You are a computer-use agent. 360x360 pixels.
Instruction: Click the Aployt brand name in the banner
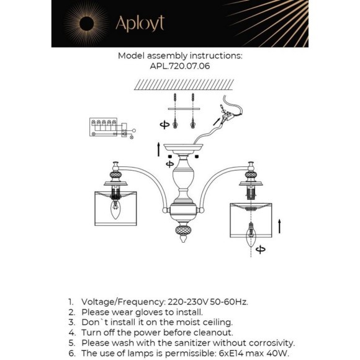(140, 24)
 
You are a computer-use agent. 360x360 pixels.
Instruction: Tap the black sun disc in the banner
(86, 24)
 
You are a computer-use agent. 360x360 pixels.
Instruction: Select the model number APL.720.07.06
(180, 66)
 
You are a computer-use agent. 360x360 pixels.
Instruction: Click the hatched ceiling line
(184, 84)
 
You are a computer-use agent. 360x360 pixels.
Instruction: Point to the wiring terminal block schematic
(112, 128)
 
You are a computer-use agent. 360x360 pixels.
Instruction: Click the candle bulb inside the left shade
(115, 209)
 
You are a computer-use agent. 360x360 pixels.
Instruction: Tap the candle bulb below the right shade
(251, 234)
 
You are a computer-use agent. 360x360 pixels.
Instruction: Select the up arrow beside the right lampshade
(279, 226)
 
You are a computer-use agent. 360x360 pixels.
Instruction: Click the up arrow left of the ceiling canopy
(158, 149)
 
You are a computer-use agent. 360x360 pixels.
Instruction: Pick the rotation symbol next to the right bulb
(261, 250)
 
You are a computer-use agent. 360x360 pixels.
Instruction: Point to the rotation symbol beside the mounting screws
(164, 125)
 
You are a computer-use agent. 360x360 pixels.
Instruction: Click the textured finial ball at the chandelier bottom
(183, 230)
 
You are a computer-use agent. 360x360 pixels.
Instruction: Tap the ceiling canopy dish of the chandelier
(184, 148)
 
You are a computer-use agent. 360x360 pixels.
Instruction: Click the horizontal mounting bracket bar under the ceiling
(184, 109)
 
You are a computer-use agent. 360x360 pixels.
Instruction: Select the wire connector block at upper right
(228, 117)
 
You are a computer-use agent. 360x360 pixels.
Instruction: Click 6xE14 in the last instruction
(231, 353)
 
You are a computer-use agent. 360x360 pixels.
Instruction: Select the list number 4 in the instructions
(72, 333)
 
